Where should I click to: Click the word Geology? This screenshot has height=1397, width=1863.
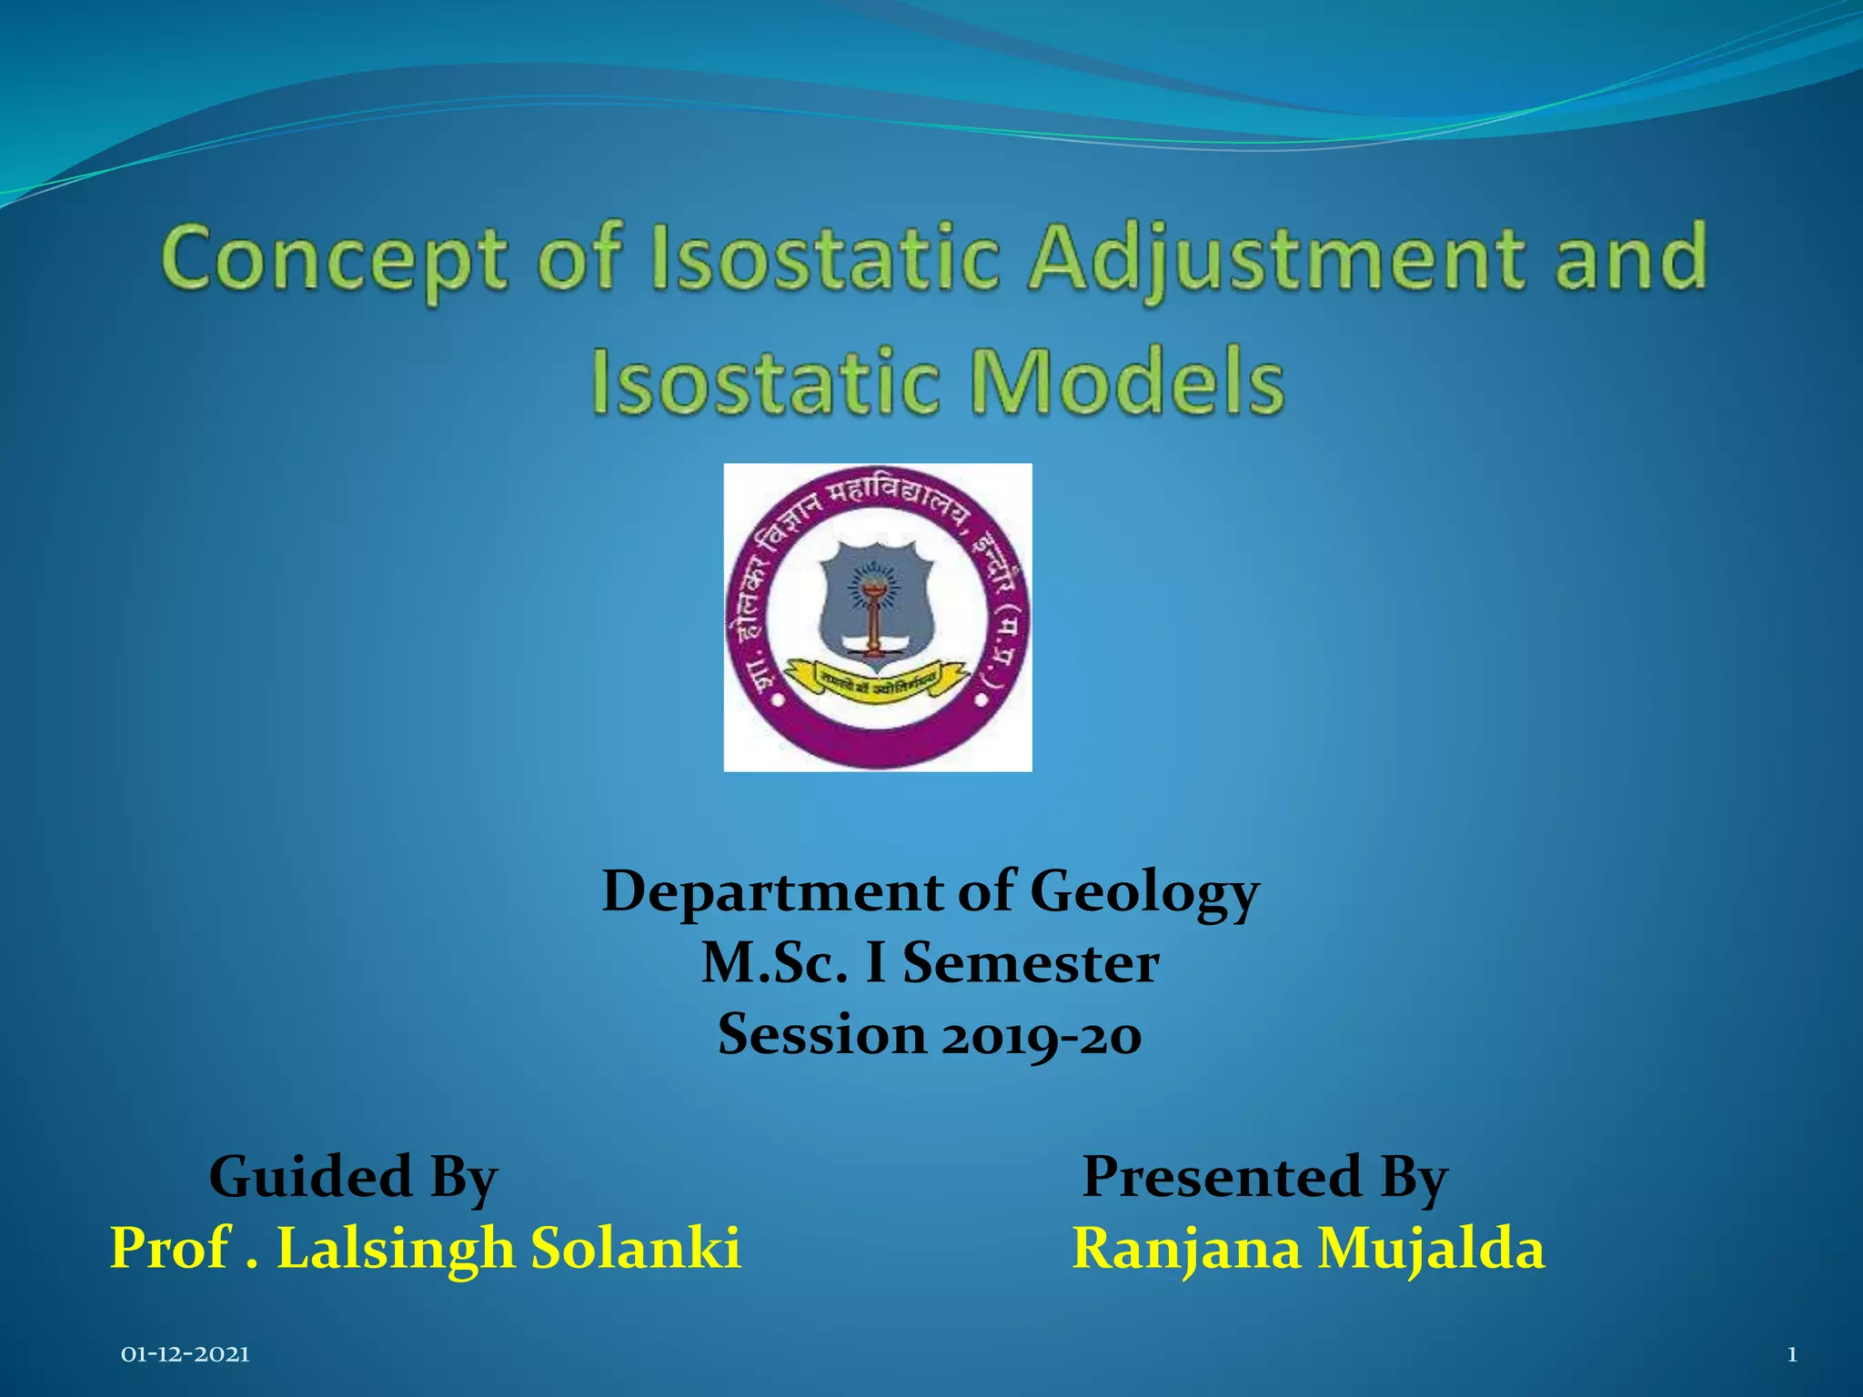click(x=1144, y=891)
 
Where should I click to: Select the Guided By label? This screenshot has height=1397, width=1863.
click(x=353, y=1177)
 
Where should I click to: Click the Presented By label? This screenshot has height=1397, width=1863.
click(x=1264, y=1177)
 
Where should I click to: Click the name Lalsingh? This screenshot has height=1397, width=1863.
click(x=396, y=1248)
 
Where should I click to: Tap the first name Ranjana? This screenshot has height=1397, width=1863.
click(x=1186, y=1248)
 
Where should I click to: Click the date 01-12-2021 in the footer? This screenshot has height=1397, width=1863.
click(x=186, y=1355)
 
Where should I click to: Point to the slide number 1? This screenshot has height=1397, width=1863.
click(x=1792, y=1355)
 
